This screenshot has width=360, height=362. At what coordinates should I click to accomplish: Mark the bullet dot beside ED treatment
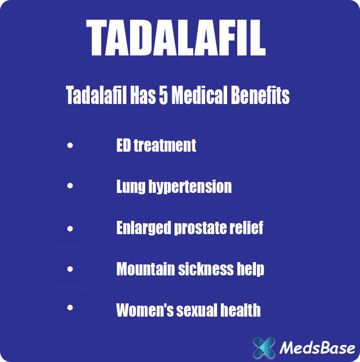(70, 146)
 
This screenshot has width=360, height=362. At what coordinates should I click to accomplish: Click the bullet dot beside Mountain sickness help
(70, 269)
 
